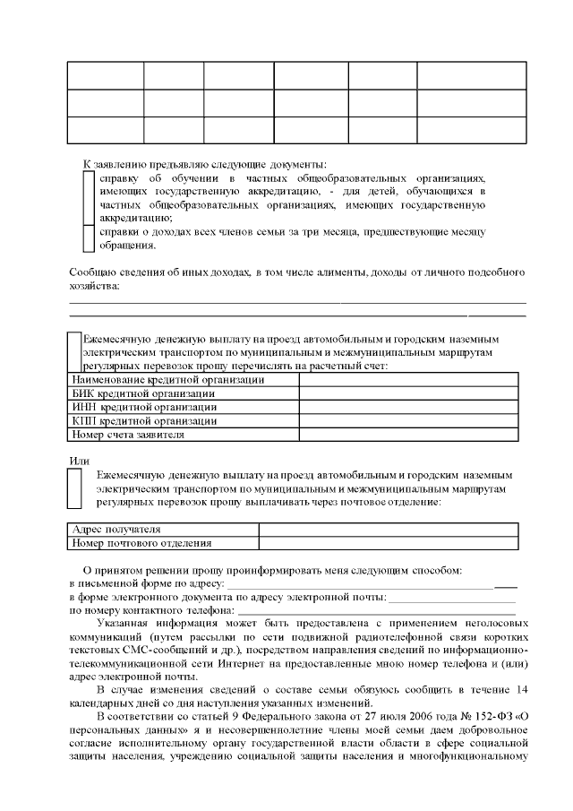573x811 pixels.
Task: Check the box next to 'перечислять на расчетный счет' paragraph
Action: tap(75, 352)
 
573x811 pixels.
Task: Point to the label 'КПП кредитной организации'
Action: tap(144, 420)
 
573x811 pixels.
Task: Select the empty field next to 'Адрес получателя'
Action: tap(387, 529)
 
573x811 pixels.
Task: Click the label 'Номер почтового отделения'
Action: tap(142, 542)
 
